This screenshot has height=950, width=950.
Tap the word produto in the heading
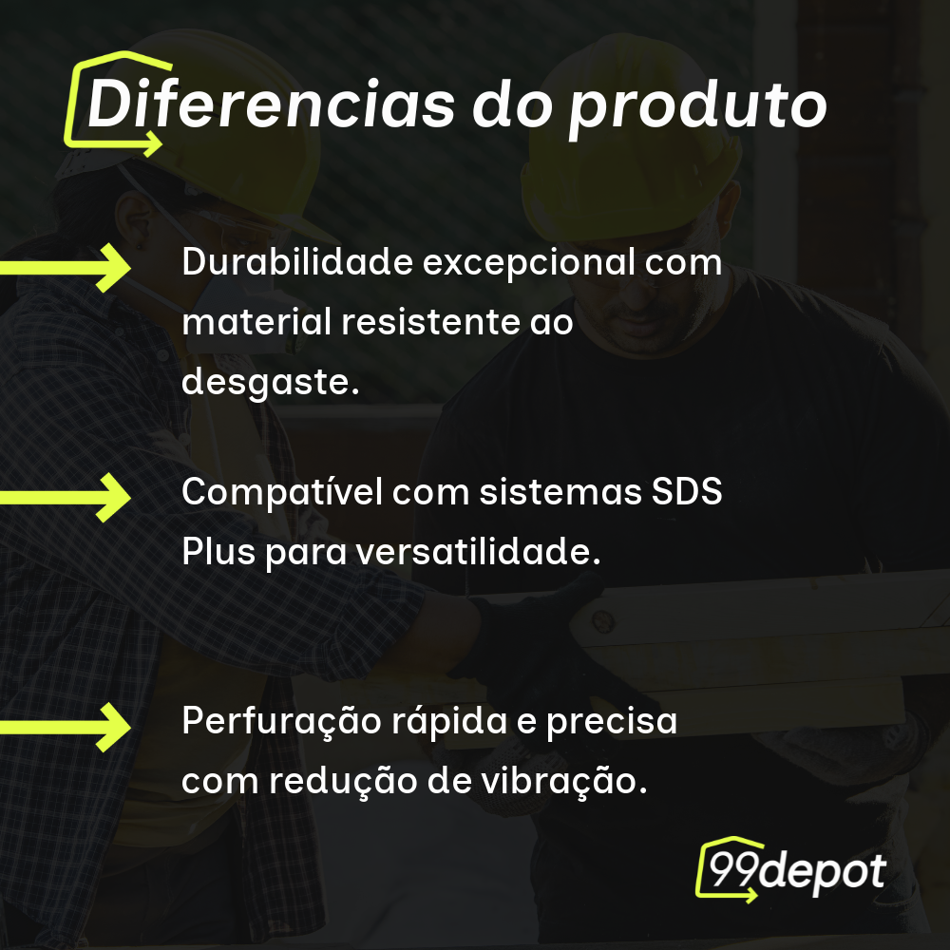click(x=697, y=106)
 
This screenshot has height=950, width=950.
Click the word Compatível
click(x=280, y=492)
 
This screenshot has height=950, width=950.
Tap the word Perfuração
click(x=279, y=722)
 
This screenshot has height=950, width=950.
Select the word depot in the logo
click(x=822, y=872)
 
